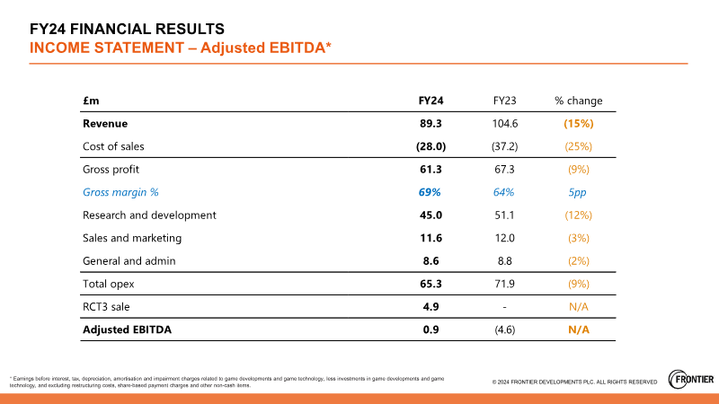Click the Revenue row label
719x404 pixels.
[105, 123]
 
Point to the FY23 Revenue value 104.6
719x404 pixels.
[504, 123]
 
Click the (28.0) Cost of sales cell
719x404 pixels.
[431, 145]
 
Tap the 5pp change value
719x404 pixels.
[578, 192]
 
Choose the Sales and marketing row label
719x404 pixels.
[132, 238]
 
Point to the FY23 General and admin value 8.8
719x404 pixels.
[504, 261]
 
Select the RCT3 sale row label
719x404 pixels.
[105, 307]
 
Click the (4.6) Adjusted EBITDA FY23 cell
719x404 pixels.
[504, 329]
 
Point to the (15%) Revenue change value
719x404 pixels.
[578, 123]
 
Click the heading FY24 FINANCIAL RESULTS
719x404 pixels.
[127, 30]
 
